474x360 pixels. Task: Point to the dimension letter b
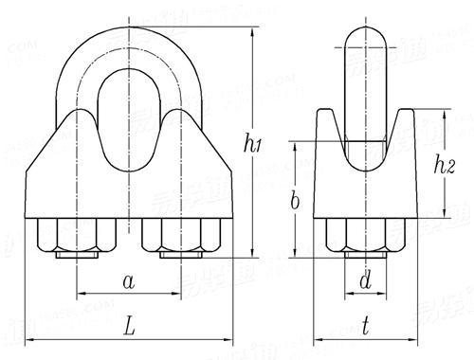(295, 201)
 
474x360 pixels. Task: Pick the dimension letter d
(364, 281)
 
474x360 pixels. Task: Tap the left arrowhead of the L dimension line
(29, 338)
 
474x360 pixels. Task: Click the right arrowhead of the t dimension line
(414, 338)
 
